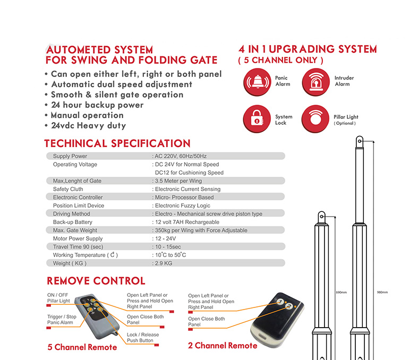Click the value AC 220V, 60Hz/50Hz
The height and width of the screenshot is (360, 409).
tap(180, 156)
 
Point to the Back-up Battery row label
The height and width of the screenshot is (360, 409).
tap(73, 222)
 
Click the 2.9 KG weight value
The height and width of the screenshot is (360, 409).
tap(163, 263)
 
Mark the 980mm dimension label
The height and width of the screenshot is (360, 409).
tap(382, 293)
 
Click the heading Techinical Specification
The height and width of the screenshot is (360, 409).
tap(117, 143)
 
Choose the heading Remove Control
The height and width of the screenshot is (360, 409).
tap(96, 281)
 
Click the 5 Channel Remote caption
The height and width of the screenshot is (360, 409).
tap(82, 347)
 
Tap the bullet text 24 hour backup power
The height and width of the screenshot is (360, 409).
tap(97, 105)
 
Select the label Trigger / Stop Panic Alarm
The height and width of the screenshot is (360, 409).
tap(61, 320)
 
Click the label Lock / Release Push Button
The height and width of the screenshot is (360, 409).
tap(143, 338)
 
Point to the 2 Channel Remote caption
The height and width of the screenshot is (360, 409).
tap(223, 346)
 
